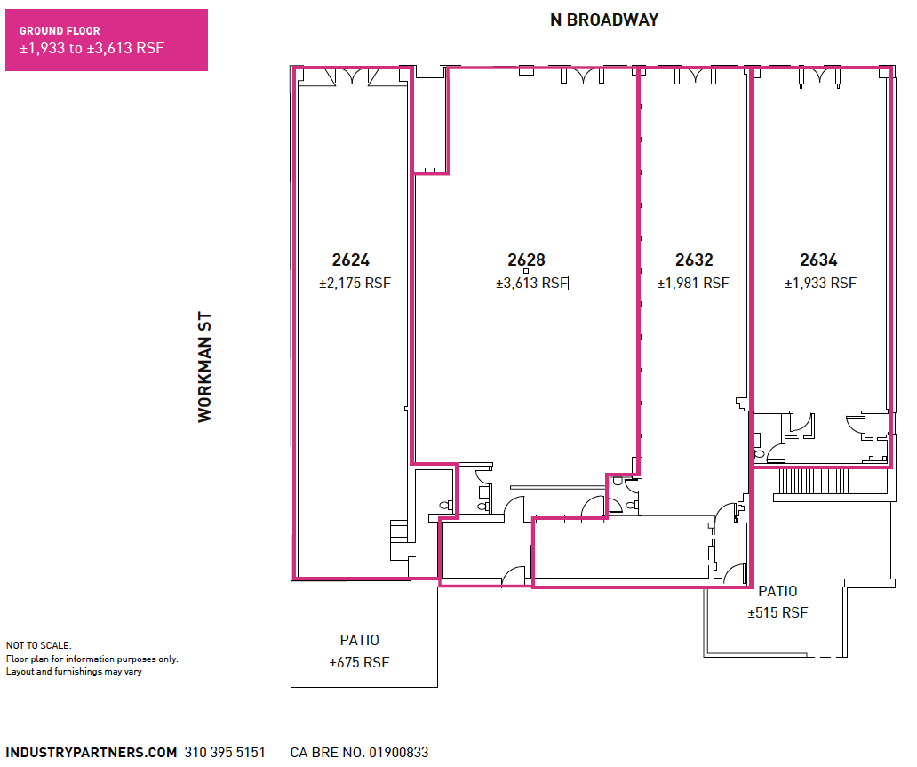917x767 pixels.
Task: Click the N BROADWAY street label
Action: pos(604,20)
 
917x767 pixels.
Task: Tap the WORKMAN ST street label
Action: pos(205,367)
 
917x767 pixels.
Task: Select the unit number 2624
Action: pos(351,260)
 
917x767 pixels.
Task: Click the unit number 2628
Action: pos(526,260)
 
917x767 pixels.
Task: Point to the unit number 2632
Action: pos(694,260)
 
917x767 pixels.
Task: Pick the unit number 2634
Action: pos(818,260)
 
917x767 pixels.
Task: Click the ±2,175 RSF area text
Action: pos(355,284)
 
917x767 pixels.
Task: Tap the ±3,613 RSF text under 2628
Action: pos(531,284)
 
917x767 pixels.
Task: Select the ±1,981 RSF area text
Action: pos(693,284)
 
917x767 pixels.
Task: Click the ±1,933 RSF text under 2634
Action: pos(820,284)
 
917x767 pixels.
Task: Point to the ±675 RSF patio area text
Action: pos(359,662)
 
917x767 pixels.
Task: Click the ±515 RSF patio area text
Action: pos(777,613)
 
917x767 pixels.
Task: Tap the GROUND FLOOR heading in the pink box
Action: pos(60,31)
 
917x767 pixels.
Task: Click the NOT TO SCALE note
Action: pos(38,645)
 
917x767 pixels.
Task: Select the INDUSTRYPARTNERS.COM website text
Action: pos(92,753)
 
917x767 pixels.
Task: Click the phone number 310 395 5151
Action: pos(225,753)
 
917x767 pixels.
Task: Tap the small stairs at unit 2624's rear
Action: pos(398,536)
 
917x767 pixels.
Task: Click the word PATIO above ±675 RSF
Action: pos(359,640)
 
